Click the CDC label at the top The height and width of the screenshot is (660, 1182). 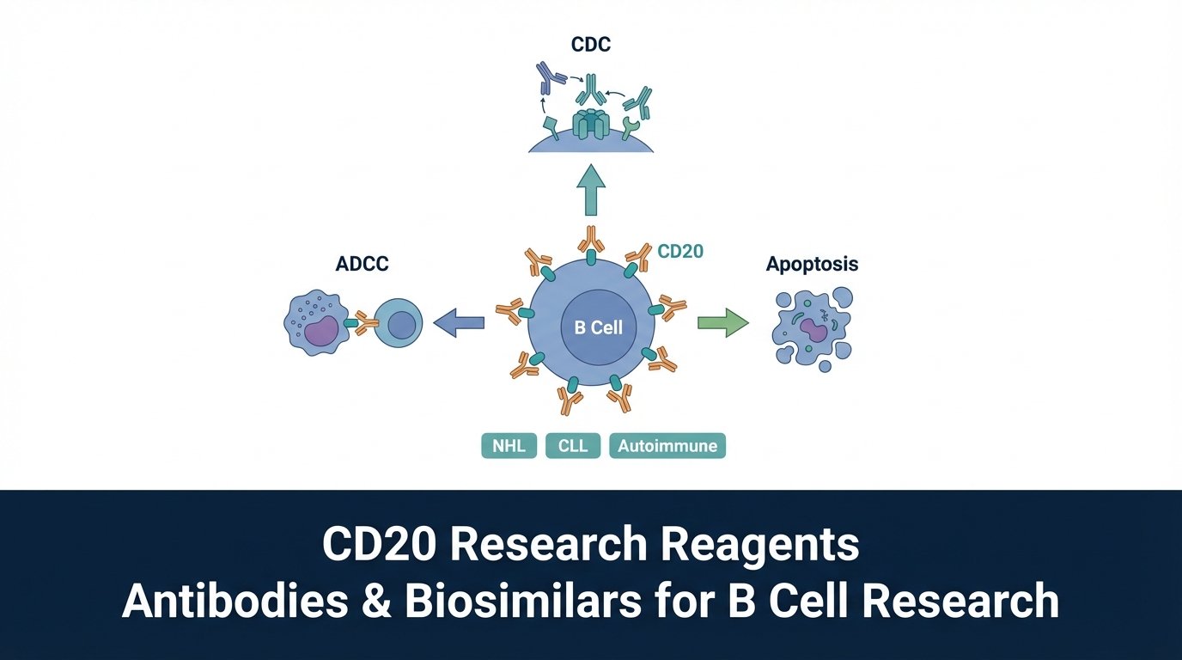click(591, 44)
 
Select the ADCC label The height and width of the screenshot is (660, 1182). click(362, 264)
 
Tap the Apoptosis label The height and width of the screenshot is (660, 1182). click(812, 264)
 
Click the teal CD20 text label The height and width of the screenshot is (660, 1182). click(680, 252)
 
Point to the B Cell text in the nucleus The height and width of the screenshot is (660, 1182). click(592, 327)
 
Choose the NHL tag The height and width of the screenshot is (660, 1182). click(509, 446)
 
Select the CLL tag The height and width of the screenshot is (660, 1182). click(572, 446)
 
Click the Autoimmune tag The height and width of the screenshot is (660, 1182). click(667, 446)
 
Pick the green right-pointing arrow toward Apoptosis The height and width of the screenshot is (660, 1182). click(722, 323)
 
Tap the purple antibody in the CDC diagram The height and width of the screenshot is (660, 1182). click(546, 77)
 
